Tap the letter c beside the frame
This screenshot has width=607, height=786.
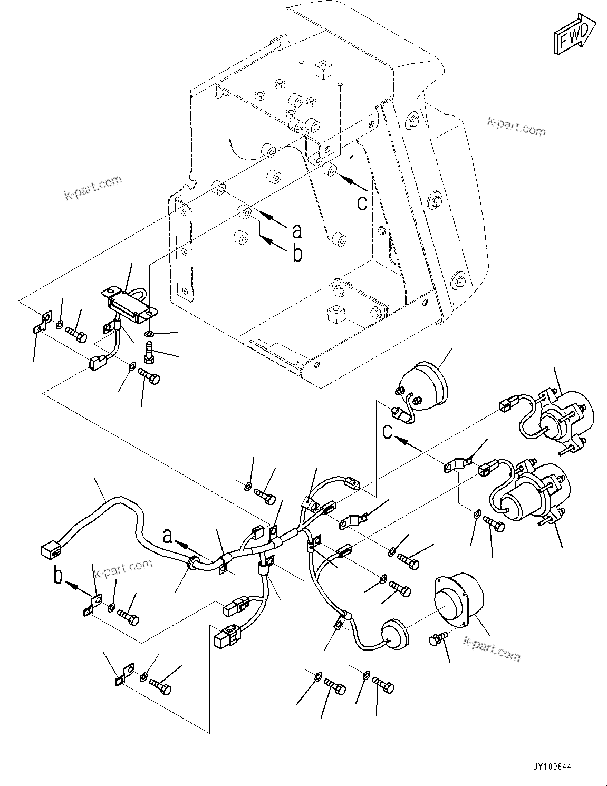pyautogui.click(x=362, y=202)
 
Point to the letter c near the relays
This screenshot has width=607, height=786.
pyautogui.click(x=388, y=432)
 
